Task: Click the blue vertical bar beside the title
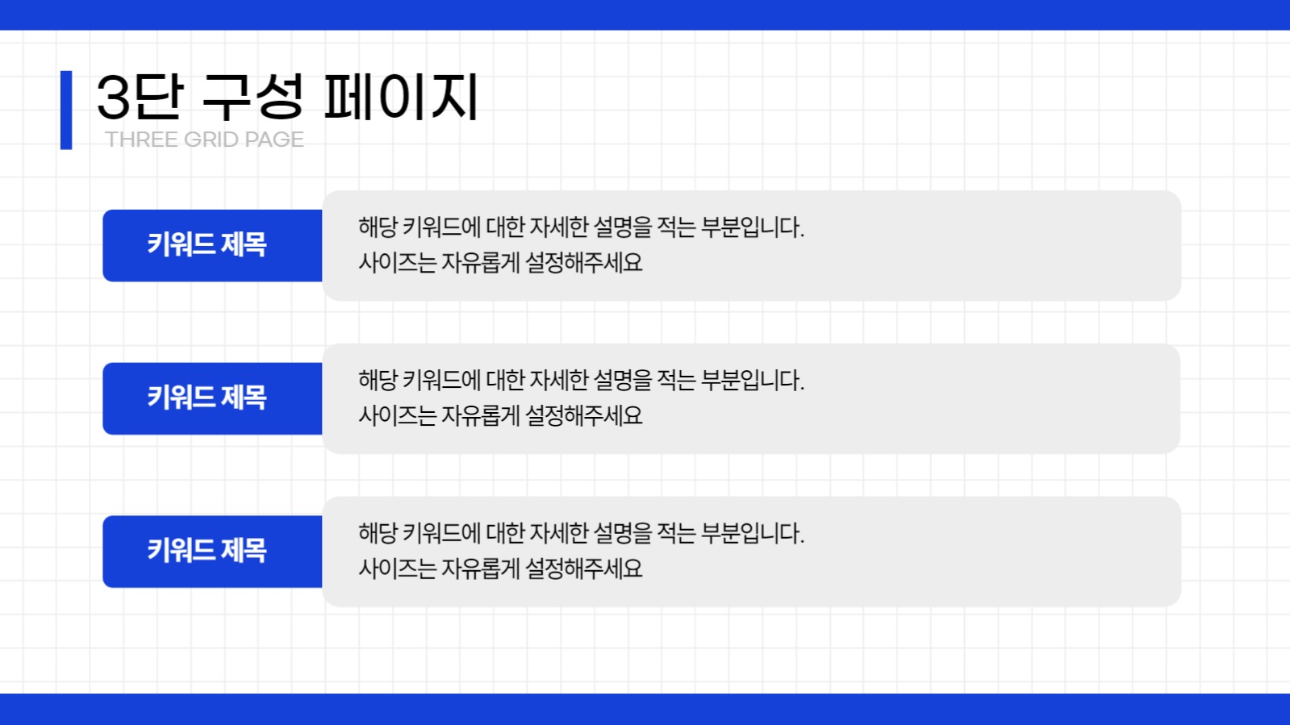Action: (66, 110)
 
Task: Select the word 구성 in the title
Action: (253, 98)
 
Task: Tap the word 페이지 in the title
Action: (401, 98)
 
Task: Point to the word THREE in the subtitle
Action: (141, 140)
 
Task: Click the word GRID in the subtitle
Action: (211, 140)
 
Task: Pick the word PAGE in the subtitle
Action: (274, 140)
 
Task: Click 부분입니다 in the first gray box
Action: (753, 227)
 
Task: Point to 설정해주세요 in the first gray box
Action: (583, 263)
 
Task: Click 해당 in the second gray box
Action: (378, 381)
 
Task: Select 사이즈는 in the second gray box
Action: (398, 416)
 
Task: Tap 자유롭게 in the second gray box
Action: (480, 416)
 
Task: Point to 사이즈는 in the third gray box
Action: (398, 569)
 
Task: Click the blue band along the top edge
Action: (645, 15)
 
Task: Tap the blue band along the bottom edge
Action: (645, 709)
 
